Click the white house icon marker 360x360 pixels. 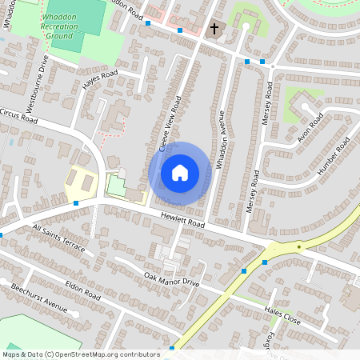(x=180, y=173)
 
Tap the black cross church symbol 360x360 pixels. (x=214, y=29)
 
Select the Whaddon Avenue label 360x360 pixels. (x=226, y=137)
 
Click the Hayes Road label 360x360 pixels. (x=100, y=79)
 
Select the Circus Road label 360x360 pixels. (x=19, y=117)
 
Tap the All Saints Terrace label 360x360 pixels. (x=58, y=238)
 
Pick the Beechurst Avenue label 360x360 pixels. (x=37, y=297)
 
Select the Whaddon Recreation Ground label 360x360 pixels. (x=60, y=25)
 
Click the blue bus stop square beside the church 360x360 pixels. (x=181, y=30)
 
